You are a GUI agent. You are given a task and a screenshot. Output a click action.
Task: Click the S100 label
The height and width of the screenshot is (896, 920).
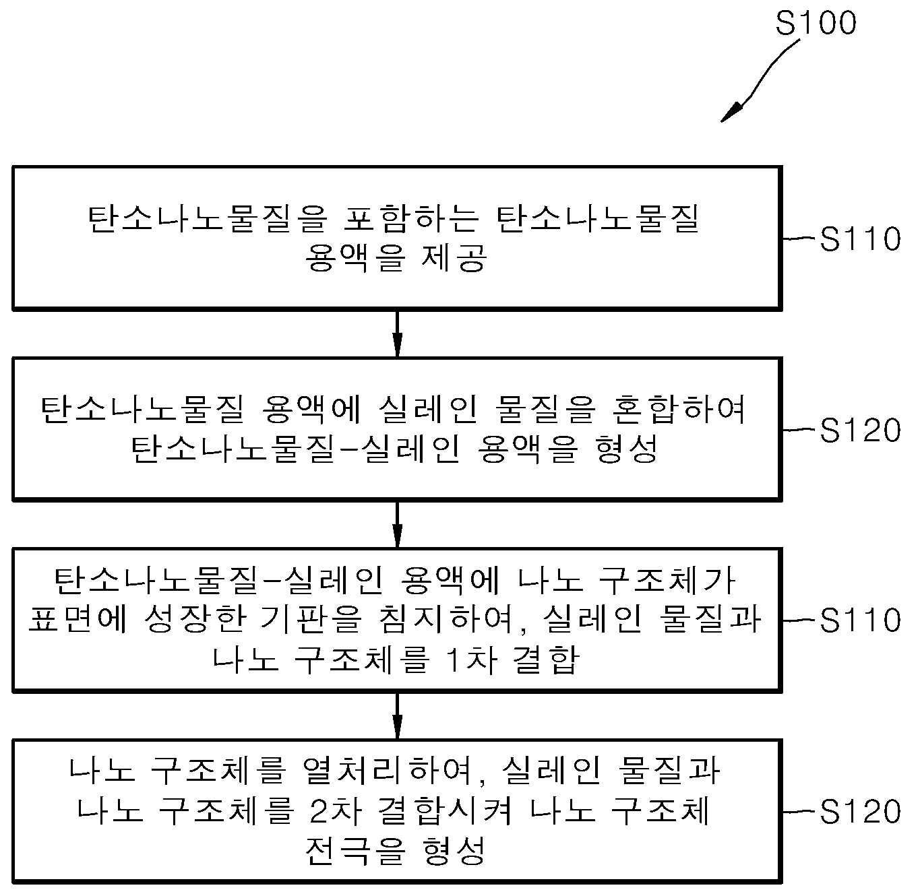[x=816, y=23]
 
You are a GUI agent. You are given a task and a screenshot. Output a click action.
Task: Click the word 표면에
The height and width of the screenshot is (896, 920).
[x=78, y=620]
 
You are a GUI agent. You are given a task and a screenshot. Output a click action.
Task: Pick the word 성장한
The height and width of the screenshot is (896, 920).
[x=195, y=620]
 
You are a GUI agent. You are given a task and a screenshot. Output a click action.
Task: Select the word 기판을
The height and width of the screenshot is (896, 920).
[x=311, y=620]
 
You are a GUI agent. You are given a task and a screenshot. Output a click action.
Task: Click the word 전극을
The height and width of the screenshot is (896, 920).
[x=355, y=851]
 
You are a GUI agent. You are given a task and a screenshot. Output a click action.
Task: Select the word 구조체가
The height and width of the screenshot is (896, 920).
[x=667, y=580]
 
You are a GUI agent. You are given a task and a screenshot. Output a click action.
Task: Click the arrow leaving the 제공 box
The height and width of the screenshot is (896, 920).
[x=398, y=333]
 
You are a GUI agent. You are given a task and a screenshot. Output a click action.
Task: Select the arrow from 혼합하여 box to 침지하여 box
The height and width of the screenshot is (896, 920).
[x=398, y=525]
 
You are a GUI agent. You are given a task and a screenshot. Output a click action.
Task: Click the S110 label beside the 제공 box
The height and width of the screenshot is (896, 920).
[x=860, y=238]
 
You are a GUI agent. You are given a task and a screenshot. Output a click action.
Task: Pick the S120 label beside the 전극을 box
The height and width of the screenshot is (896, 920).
[x=860, y=811]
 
